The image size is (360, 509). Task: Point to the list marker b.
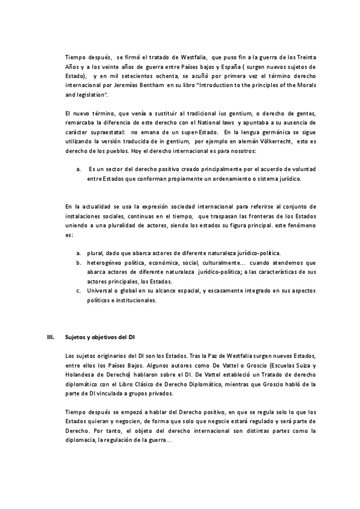click(x=79, y=262)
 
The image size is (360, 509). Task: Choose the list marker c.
click(x=79, y=291)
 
